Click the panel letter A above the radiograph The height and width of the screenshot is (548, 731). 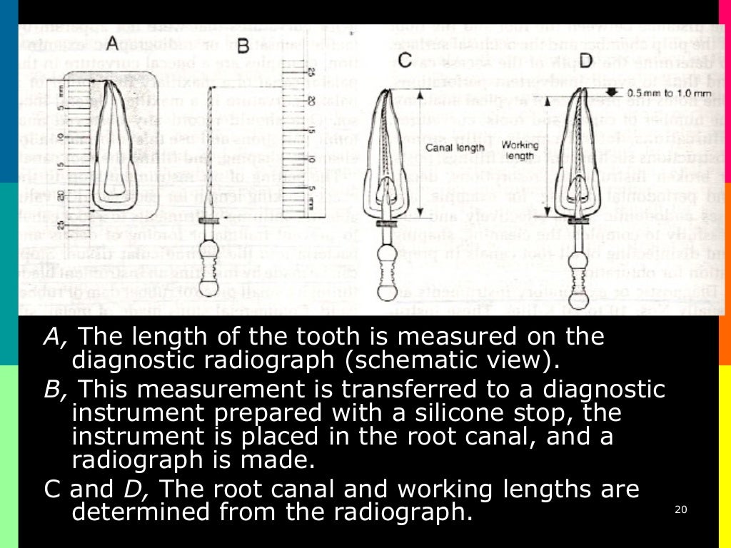[112, 44]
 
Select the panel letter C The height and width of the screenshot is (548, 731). [405, 61]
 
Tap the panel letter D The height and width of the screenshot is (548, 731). [585, 61]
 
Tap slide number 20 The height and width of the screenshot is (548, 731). [680, 509]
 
